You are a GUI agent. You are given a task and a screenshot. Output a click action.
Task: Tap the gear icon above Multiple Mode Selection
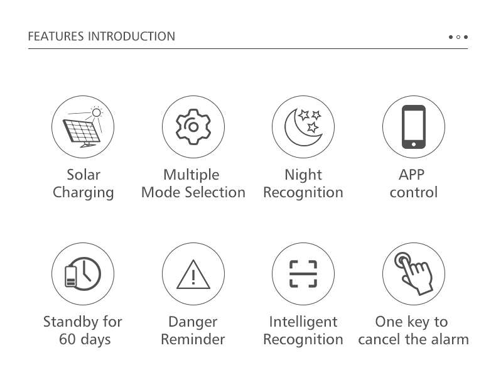point(193,127)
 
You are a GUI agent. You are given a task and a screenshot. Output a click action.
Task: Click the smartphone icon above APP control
point(414,127)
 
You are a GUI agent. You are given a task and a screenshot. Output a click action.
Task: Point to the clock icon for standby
point(84,274)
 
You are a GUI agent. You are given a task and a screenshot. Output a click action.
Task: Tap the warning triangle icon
point(193,275)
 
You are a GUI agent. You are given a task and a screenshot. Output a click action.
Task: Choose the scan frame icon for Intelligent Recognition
point(303,274)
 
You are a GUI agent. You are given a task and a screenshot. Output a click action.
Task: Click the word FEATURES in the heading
point(56,36)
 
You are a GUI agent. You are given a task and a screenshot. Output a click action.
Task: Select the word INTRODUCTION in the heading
point(131,36)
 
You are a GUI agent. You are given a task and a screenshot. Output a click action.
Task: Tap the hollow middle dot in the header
point(458,37)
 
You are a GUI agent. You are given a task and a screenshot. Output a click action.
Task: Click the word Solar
point(84,175)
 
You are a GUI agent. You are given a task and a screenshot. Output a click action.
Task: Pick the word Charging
point(84,193)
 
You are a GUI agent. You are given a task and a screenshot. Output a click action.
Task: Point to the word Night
point(303,175)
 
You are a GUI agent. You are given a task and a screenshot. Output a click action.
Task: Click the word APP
point(411,175)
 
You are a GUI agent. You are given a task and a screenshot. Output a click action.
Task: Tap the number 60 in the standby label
point(67,339)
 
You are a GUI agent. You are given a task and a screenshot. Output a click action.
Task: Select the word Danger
point(193,322)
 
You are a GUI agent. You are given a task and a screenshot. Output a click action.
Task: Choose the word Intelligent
point(303,322)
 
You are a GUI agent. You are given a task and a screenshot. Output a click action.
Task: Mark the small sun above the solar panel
point(97,112)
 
